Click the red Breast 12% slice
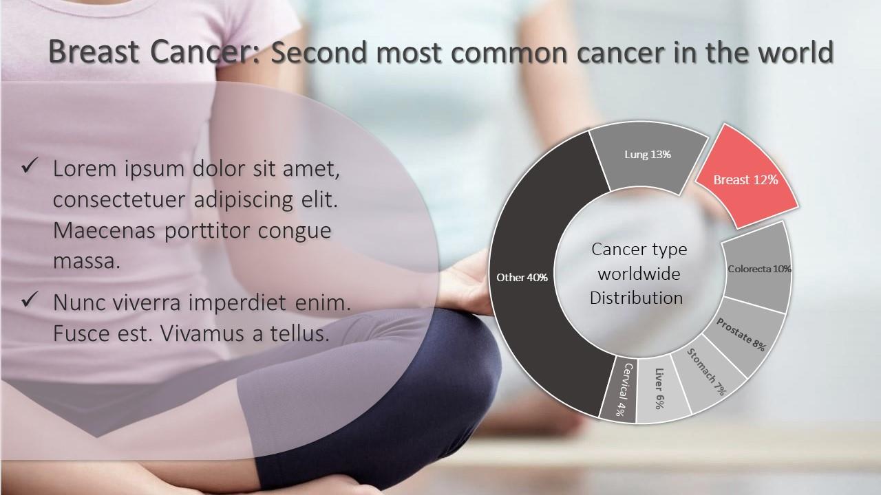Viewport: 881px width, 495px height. (x=745, y=179)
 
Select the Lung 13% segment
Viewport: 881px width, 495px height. (x=647, y=157)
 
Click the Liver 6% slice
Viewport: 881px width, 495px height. (x=661, y=389)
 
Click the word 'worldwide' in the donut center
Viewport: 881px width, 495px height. (x=639, y=274)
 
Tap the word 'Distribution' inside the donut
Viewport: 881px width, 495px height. (x=636, y=298)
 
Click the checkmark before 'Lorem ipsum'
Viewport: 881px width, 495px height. (x=30, y=166)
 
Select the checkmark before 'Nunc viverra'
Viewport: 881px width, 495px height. (x=30, y=299)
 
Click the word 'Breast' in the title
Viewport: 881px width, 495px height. (x=94, y=52)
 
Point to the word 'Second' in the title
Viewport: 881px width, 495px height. (x=319, y=52)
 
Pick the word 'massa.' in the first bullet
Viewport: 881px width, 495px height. (x=87, y=261)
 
